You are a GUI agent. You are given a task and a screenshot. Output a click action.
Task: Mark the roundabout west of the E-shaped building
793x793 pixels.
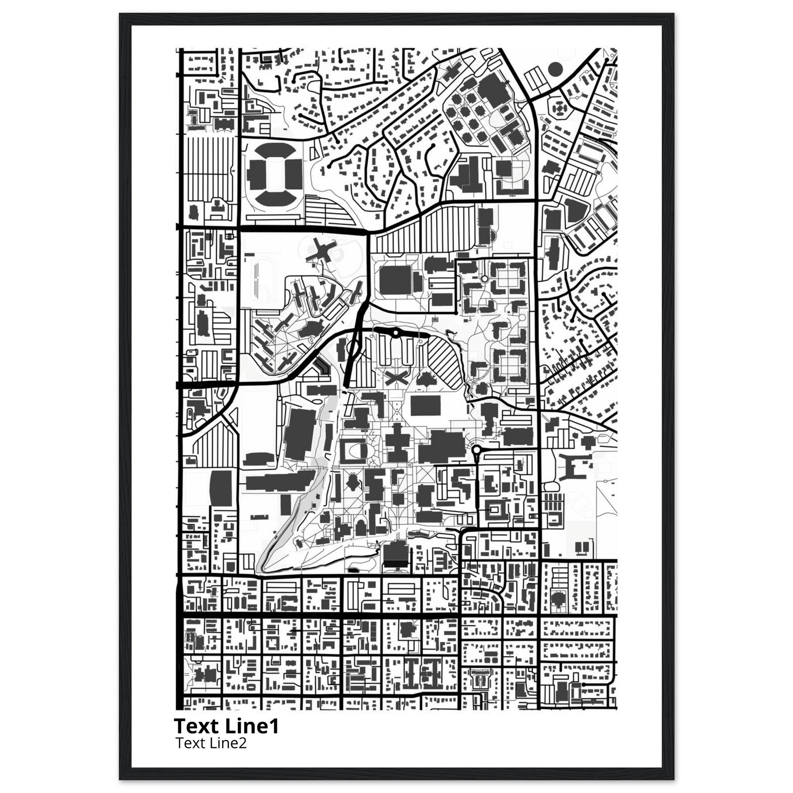477,451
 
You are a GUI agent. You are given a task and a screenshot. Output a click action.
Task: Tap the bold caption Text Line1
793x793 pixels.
226,726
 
